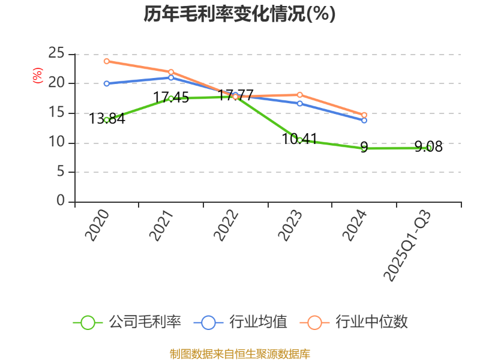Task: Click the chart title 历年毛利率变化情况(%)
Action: click(x=239, y=13)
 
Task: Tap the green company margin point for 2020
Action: click(x=107, y=119)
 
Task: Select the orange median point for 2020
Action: click(x=107, y=61)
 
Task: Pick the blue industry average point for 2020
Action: click(x=107, y=83)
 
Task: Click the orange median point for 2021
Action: click(x=171, y=72)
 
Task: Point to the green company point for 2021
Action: click(x=171, y=98)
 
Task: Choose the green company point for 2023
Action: click(x=300, y=140)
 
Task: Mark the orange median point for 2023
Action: click(x=300, y=95)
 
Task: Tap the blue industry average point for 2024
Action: click(x=364, y=120)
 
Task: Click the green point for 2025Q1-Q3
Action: click(x=429, y=148)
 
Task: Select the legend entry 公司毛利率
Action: click(x=127, y=322)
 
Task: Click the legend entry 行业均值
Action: click(x=241, y=322)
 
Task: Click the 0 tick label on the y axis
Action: click(x=61, y=201)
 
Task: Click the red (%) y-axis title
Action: click(x=37, y=76)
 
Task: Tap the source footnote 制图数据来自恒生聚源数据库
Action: click(x=240, y=353)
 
